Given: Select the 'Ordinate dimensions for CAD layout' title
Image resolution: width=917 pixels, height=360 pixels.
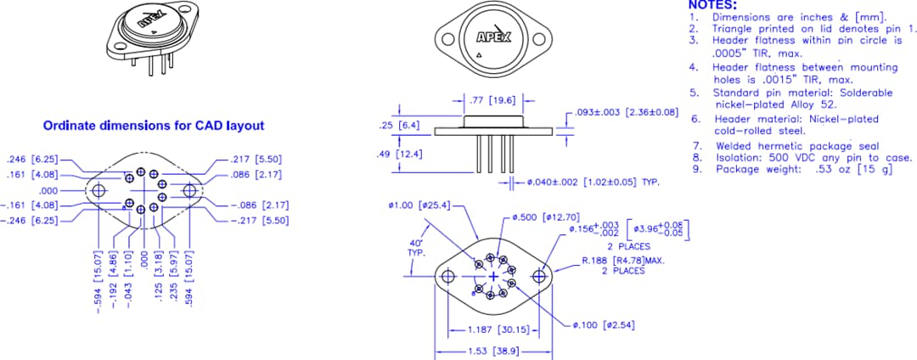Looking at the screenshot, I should coord(153,126).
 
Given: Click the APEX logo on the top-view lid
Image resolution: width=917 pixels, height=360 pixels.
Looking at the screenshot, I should coord(493,37).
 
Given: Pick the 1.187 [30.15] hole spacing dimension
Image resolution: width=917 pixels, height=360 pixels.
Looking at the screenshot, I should coord(501,329).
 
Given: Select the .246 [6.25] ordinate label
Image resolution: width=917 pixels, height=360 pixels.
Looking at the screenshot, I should coord(31,159).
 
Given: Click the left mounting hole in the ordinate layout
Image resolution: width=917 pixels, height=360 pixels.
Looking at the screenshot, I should coord(99,190).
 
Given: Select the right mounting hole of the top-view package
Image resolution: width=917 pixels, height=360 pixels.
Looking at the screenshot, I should coord(538,38).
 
